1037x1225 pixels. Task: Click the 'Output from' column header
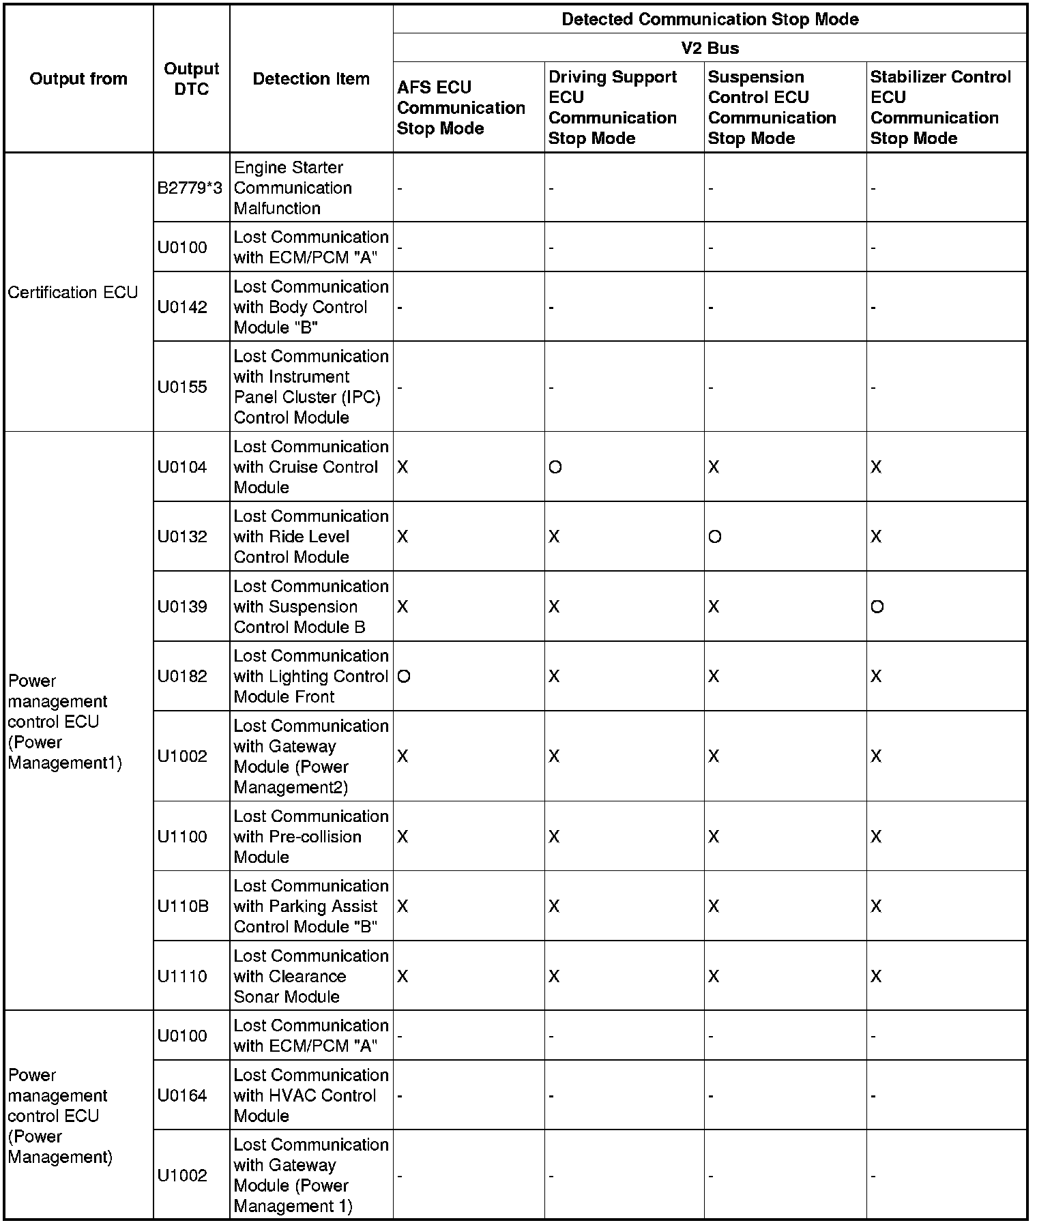tap(78, 79)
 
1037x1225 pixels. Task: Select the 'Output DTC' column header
tap(192, 79)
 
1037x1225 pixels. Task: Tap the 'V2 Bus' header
tap(710, 48)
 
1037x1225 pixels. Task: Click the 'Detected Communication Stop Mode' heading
tap(710, 19)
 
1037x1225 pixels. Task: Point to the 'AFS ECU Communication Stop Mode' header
tap(461, 108)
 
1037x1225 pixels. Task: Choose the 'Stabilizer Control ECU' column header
tap(940, 108)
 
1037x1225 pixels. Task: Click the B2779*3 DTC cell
tap(190, 188)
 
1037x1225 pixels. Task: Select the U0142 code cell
tap(182, 308)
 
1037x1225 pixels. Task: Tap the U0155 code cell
tap(182, 387)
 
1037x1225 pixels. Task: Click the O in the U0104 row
tap(555, 468)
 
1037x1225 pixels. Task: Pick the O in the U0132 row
tap(714, 537)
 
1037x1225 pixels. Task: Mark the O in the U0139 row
tap(877, 607)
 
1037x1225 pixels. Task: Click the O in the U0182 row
tap(403, 677)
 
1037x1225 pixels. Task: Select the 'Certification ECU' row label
tap(73, 293)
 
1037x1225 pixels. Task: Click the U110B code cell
tap(183, 906)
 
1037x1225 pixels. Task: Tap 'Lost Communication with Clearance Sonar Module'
tap(310, 976)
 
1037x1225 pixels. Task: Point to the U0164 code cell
tap(182, 1096)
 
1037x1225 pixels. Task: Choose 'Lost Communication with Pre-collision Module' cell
tap(310, 837)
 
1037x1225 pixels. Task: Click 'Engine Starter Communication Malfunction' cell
tap(293, 188)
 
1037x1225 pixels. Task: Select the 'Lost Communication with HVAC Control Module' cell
tap(310, 1096)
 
